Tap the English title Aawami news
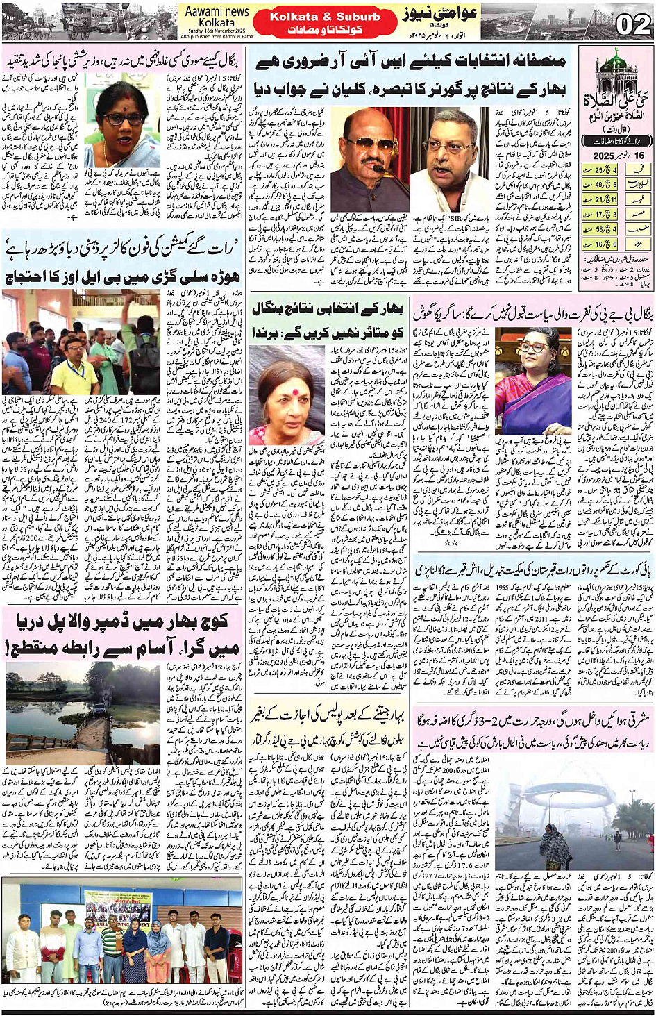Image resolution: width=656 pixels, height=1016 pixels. (x=217, y=11)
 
